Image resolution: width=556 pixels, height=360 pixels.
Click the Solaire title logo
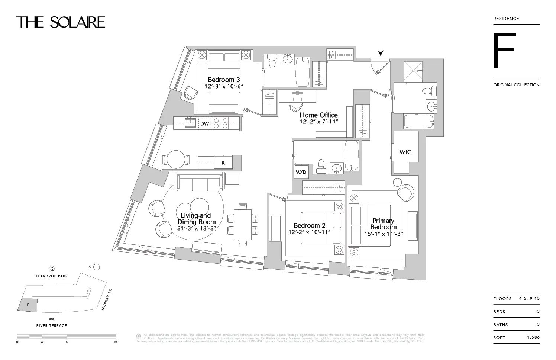[61, 22]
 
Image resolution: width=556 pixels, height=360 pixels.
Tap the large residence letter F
[504, 51]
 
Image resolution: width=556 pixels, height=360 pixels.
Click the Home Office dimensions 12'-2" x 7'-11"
[319, 122]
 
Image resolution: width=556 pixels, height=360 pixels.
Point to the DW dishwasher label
[204, 124]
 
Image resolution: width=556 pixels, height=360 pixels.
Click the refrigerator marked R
[223, 163]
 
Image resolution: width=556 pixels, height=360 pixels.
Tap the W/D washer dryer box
[301, 172]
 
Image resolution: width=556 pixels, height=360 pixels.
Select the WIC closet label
[405, 152]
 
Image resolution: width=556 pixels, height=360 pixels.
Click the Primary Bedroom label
[383, 224]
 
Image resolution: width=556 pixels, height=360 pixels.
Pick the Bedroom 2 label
[309, 225]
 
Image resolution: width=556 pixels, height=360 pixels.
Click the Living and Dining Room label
[196, 219]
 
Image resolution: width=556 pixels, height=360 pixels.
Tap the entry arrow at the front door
[381, 53]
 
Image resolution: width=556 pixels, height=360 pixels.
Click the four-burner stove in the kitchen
[220, 123]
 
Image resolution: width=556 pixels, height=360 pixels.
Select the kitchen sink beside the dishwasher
[191, 122]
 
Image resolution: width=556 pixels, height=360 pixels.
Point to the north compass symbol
[96, 267]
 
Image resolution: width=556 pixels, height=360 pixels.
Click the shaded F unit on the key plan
[28, 305]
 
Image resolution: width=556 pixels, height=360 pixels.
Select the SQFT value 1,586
[533, 337]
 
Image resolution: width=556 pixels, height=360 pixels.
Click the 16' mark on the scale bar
[116, 341]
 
